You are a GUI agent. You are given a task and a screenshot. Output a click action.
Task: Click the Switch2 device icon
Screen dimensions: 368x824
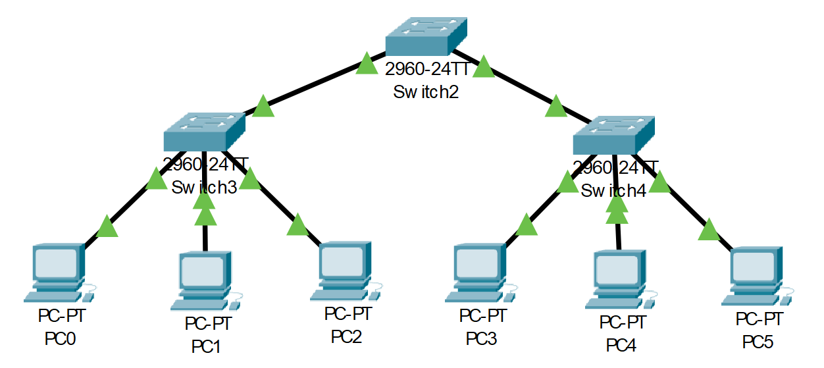click(425, 37)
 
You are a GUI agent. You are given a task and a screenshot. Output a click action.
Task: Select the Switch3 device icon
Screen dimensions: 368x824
click(204, 131)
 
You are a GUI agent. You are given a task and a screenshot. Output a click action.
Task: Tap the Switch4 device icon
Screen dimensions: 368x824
click(613, 136)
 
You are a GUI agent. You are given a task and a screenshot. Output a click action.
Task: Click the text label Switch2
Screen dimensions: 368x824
click(425, 92)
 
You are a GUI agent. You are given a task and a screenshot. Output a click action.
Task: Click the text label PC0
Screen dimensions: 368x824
click(61, 339)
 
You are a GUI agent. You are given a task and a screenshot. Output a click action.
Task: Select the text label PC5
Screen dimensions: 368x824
click(758, 342)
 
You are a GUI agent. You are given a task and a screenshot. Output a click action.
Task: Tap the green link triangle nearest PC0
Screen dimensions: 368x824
click(107, 227)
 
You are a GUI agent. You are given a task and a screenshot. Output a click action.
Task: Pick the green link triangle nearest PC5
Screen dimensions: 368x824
click(709, 230)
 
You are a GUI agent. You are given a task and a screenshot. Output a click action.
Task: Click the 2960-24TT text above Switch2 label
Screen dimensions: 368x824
click(425, 70)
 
